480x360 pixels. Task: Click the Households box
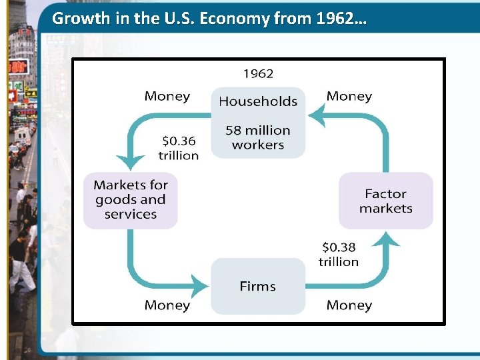[258, 101]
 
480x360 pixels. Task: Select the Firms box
[257, 287]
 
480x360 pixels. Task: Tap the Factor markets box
[385, 201]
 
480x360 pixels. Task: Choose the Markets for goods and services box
[131, 199]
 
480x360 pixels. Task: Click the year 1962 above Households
[258, 73]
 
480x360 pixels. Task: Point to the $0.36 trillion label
[178, 148]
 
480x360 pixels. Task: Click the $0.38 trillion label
[339, 255]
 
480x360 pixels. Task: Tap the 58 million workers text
[258, 137]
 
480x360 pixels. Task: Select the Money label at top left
[167, 96]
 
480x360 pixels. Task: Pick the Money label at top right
[349, 96]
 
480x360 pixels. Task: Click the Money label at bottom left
[167, 305]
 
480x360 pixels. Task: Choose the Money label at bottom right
[349, 305]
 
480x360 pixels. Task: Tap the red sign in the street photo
[18, 67]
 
